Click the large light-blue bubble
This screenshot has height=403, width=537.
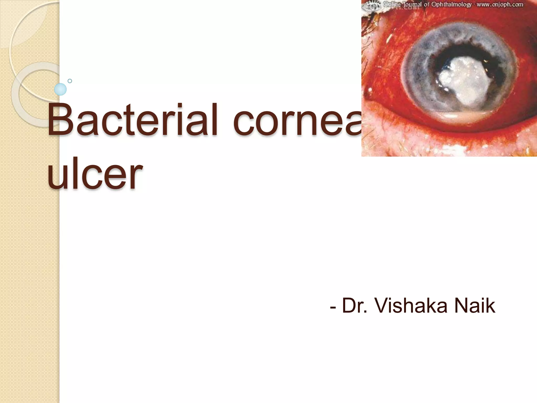click(x=60, y=89)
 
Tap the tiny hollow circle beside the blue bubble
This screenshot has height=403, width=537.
click(x=70, y=81)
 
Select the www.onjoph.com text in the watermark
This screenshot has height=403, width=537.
click(x=500, y=4)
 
